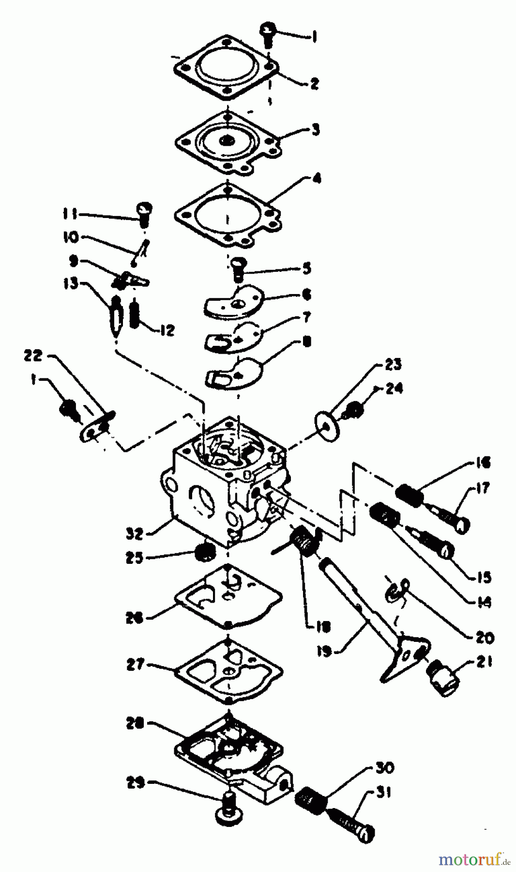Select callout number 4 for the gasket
click(x=316, y=179)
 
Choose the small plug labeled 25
click(x=202, y=552)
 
